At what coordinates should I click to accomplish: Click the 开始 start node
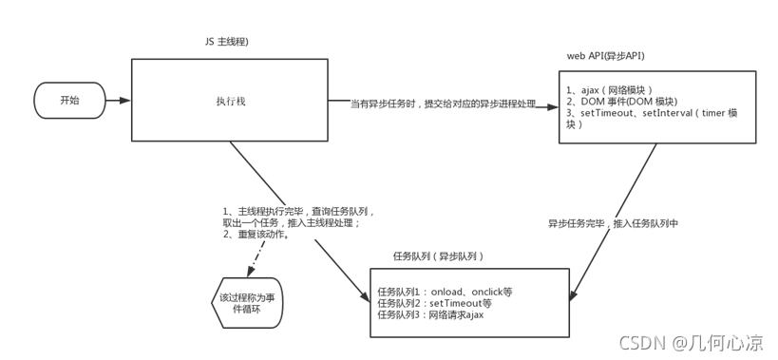point(69,100)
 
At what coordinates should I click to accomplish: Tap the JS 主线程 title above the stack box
point(227,42)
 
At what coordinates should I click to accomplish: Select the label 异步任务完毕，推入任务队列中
point(613,224)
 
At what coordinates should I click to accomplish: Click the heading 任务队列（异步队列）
point(439,256)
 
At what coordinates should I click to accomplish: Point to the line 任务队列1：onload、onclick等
point(445,292)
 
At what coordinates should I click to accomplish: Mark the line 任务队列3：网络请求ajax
point(430,315)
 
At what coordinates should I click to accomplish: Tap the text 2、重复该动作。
point(256,234)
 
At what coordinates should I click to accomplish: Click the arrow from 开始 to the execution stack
point(118,100)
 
